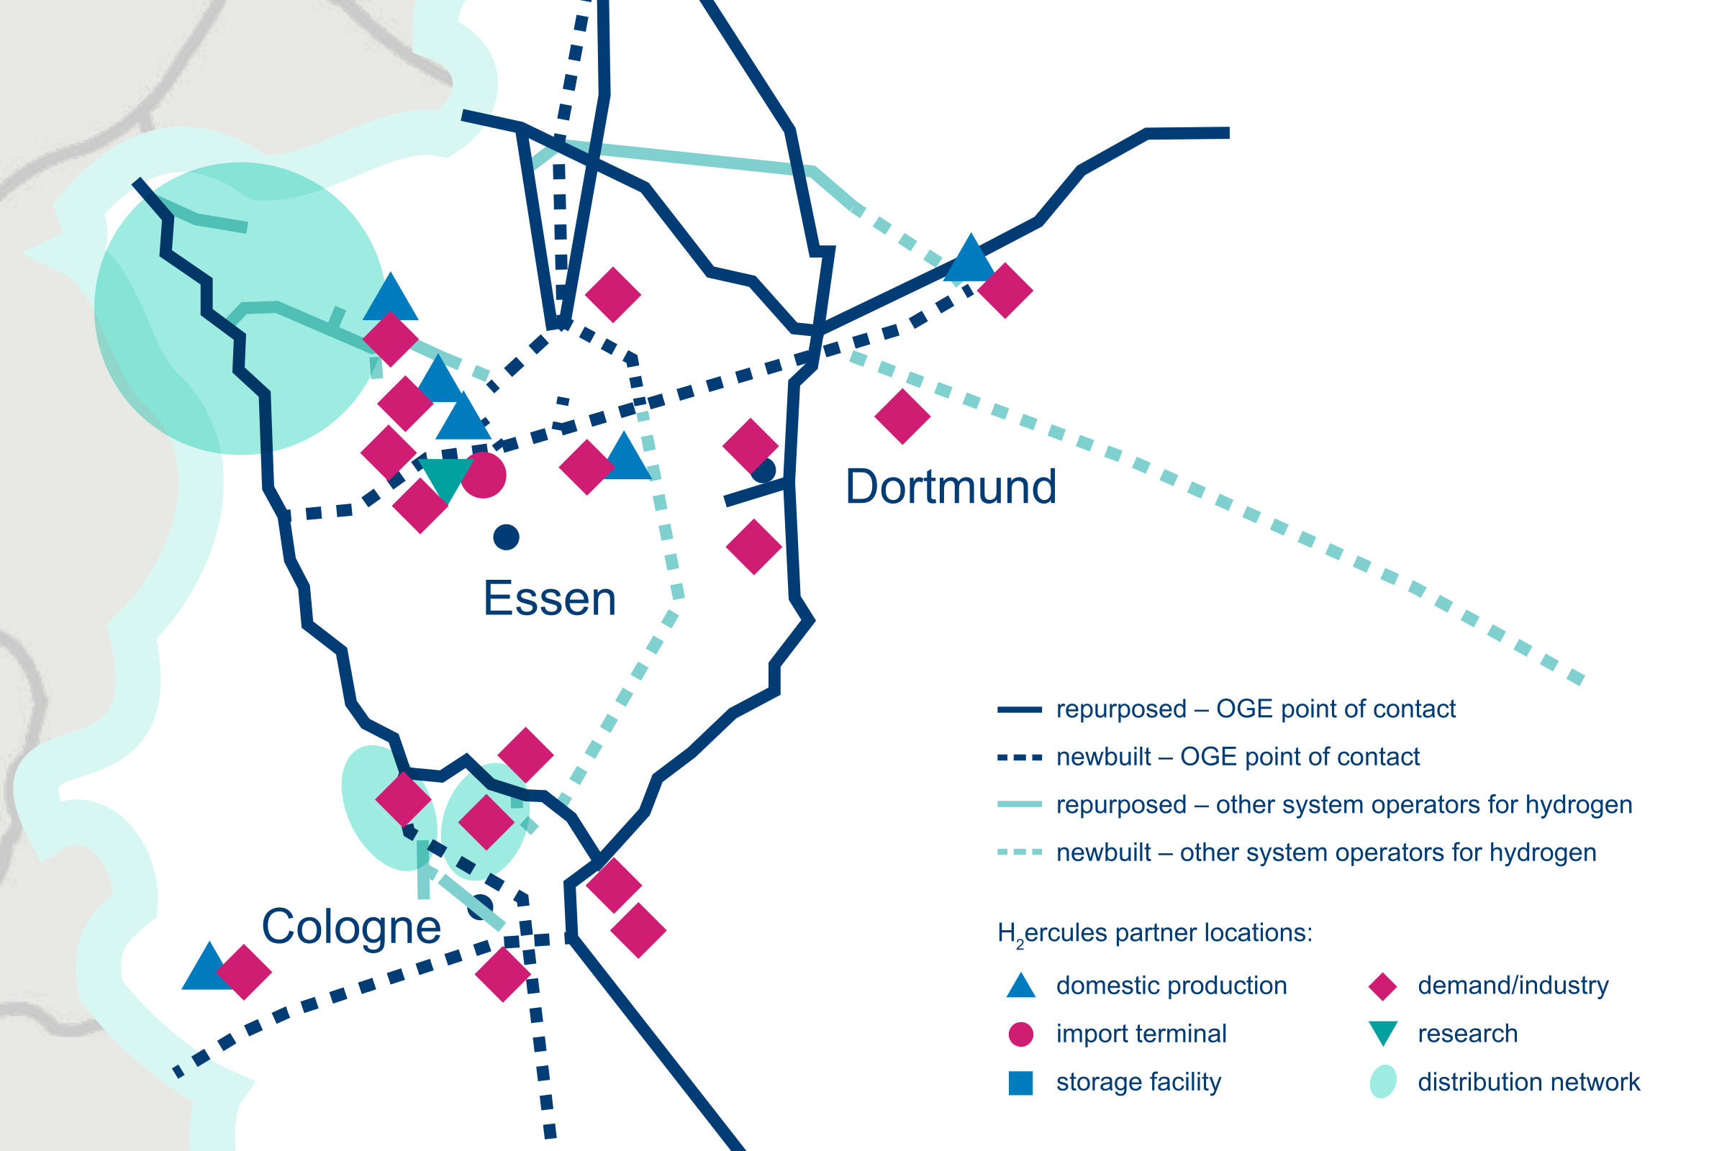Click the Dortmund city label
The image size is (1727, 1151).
tap(950, 487)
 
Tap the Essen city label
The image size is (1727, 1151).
tap(549, 599)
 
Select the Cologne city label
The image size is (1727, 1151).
tap(351, 927)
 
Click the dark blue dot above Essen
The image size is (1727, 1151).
tap(506, 537)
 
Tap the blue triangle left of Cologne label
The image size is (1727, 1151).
tap(209, 968)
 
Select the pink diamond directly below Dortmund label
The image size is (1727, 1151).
tap(753, 546)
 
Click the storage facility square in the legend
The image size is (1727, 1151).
tap(1020, 1083)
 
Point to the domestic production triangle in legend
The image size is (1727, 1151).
tap(1020, 986)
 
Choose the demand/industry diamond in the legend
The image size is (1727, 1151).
tap(1382, 986)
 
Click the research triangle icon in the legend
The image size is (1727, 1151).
tap(1382, 1033)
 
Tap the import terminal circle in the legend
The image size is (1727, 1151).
tap(1020, 1034)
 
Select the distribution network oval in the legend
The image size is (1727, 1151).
tap(1382, 1082)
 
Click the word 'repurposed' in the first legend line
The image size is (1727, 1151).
tap(1120, 709)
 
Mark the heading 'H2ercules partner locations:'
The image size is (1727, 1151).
tap(1154, 933)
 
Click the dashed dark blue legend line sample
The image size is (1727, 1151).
tap(1019, 758)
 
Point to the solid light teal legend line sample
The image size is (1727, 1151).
tap(1019, 804)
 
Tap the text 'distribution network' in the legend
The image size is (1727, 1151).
tap(1528, 1082)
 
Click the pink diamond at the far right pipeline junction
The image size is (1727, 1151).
tap(1005, 291)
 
